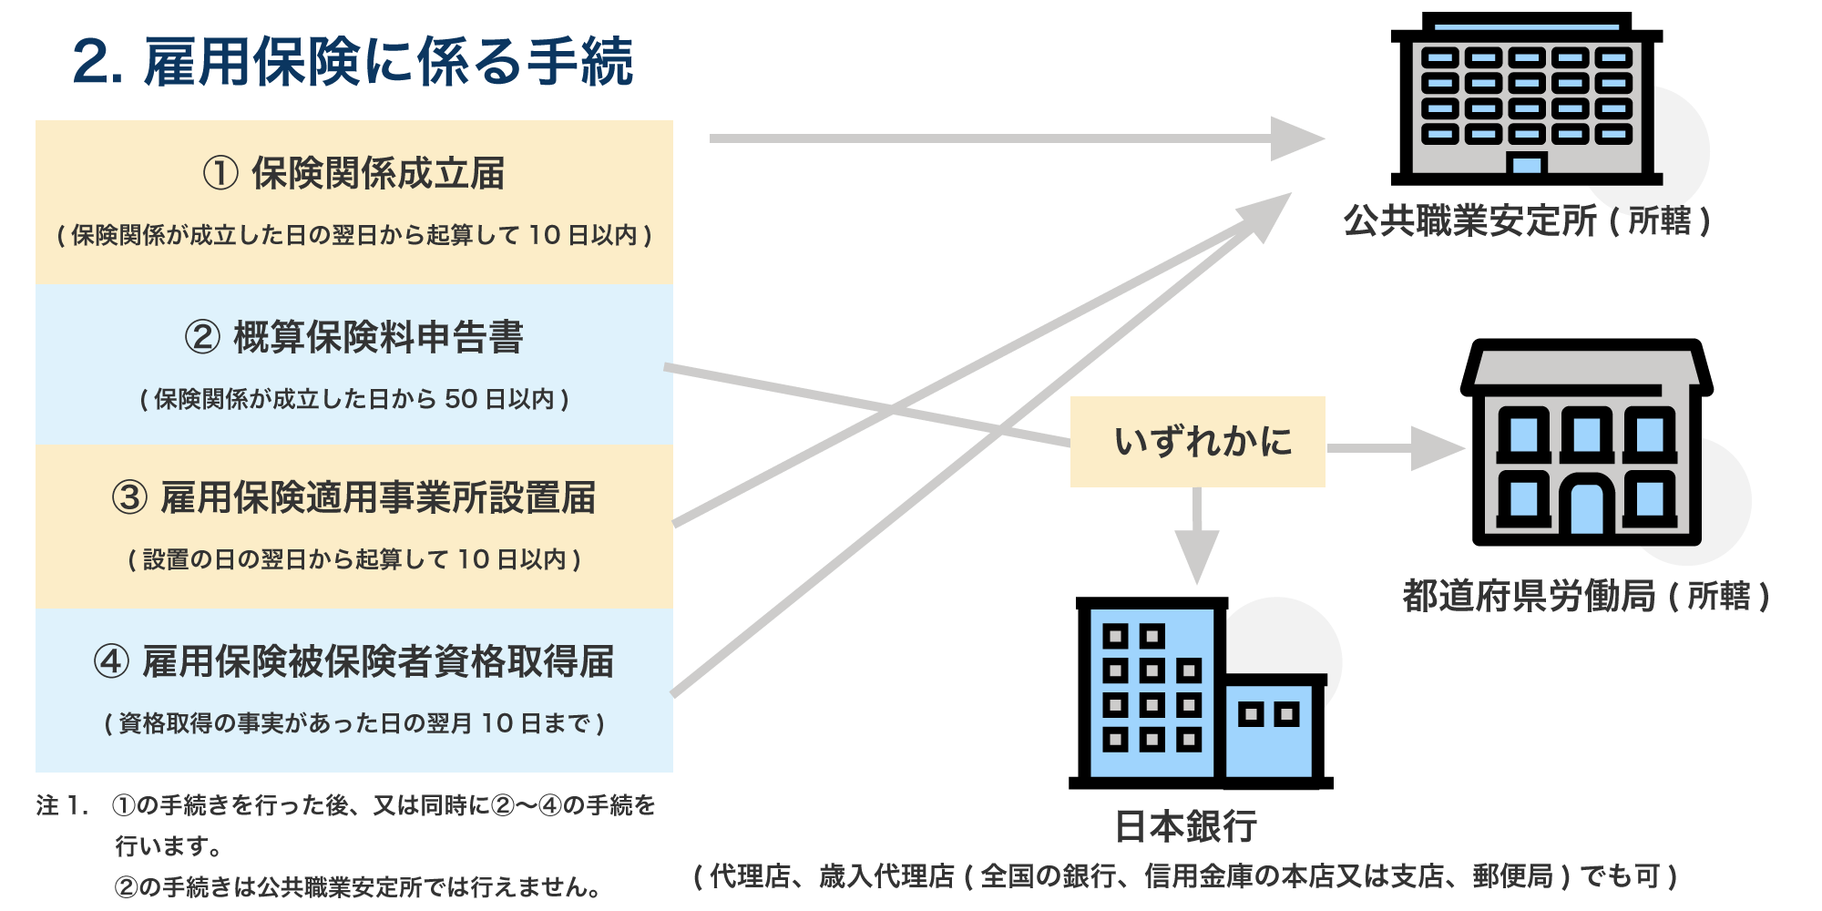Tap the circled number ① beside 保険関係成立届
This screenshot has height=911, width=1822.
(220, 173)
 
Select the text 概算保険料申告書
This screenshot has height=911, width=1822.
(378, 337)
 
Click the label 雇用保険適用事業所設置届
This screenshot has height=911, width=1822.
(378, 498)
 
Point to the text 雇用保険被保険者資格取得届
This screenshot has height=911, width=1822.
(378, 662)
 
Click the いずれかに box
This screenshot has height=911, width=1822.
(1197, 442)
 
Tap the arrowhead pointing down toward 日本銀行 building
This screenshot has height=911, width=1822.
(1197, 556)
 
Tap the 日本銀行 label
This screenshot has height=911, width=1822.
(1186, 826)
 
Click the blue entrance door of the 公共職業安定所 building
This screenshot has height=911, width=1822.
(1527, 165)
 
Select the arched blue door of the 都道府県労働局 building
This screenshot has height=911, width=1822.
(1586, 510)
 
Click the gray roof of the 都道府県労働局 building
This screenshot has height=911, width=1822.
(1586, 368)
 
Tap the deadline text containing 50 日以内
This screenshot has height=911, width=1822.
(354, 399)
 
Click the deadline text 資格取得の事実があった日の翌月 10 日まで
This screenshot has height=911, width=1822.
(354, 723)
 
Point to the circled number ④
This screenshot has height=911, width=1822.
(111, 662)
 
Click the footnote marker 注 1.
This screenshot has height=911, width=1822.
(62, 805)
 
